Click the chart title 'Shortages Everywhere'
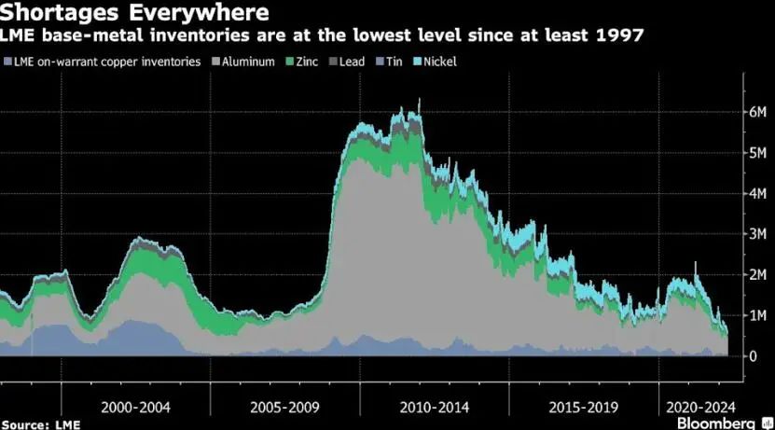(137, 13)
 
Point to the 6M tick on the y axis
(758, 111)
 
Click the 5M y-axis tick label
(758, 152)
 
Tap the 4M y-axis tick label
(758, 193)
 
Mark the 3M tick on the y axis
(758, 234)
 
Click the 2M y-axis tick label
(758, 275)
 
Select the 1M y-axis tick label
(758, 315)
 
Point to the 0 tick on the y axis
(753, 356)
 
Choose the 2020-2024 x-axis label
(698, 408)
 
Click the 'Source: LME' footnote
(39, 424)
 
